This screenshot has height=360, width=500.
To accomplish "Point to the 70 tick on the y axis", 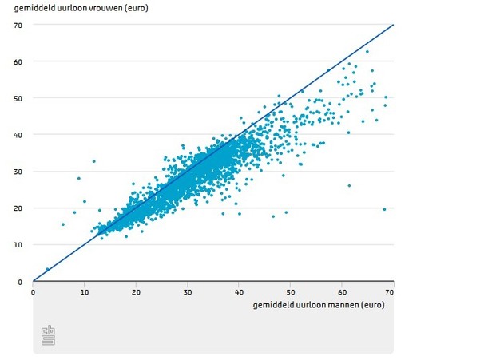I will pyautogui.click(x=18, y=25).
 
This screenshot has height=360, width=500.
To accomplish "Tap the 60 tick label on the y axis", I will pyautogui.click(x=18, y=61).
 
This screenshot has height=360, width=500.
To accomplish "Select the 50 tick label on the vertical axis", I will pyautogui.click(x=18, y=98).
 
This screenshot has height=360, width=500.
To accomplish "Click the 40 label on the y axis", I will pyautogui.click(x=18, y=135).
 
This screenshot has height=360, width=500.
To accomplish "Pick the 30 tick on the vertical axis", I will pyautogui.click(x=18, y=172).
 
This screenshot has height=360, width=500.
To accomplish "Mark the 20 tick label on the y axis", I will pyautogui.click(x=18, y=208).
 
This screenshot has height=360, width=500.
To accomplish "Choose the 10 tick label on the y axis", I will pyautogui.click(x=18, y=245).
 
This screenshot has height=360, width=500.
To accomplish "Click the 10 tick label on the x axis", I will pyautogui.click(x=84, y=291).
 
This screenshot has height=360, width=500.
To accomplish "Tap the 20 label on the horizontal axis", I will pyautogui.click(x=136, y=291).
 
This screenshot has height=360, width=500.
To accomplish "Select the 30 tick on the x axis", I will pyautogui.click(x=188, y=291).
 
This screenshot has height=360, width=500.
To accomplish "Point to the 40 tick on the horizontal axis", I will pyautogui.click(x=239, y=291).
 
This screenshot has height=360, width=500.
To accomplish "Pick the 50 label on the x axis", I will pyautogui.click(x=291, y=291).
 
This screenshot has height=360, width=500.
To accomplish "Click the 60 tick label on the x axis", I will pyautogui.click(x=342, y=291).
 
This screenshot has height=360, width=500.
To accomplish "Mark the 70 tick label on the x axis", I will pyautogui.click(x=391, y=291).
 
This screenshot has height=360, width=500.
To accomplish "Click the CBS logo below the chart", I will pyautogui.click(x=48, y=335).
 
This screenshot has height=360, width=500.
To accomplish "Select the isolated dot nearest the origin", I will pyautogui.click(x=47, y=269).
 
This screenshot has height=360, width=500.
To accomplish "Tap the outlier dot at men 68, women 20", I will pyautogui.click(x=384, y=209).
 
